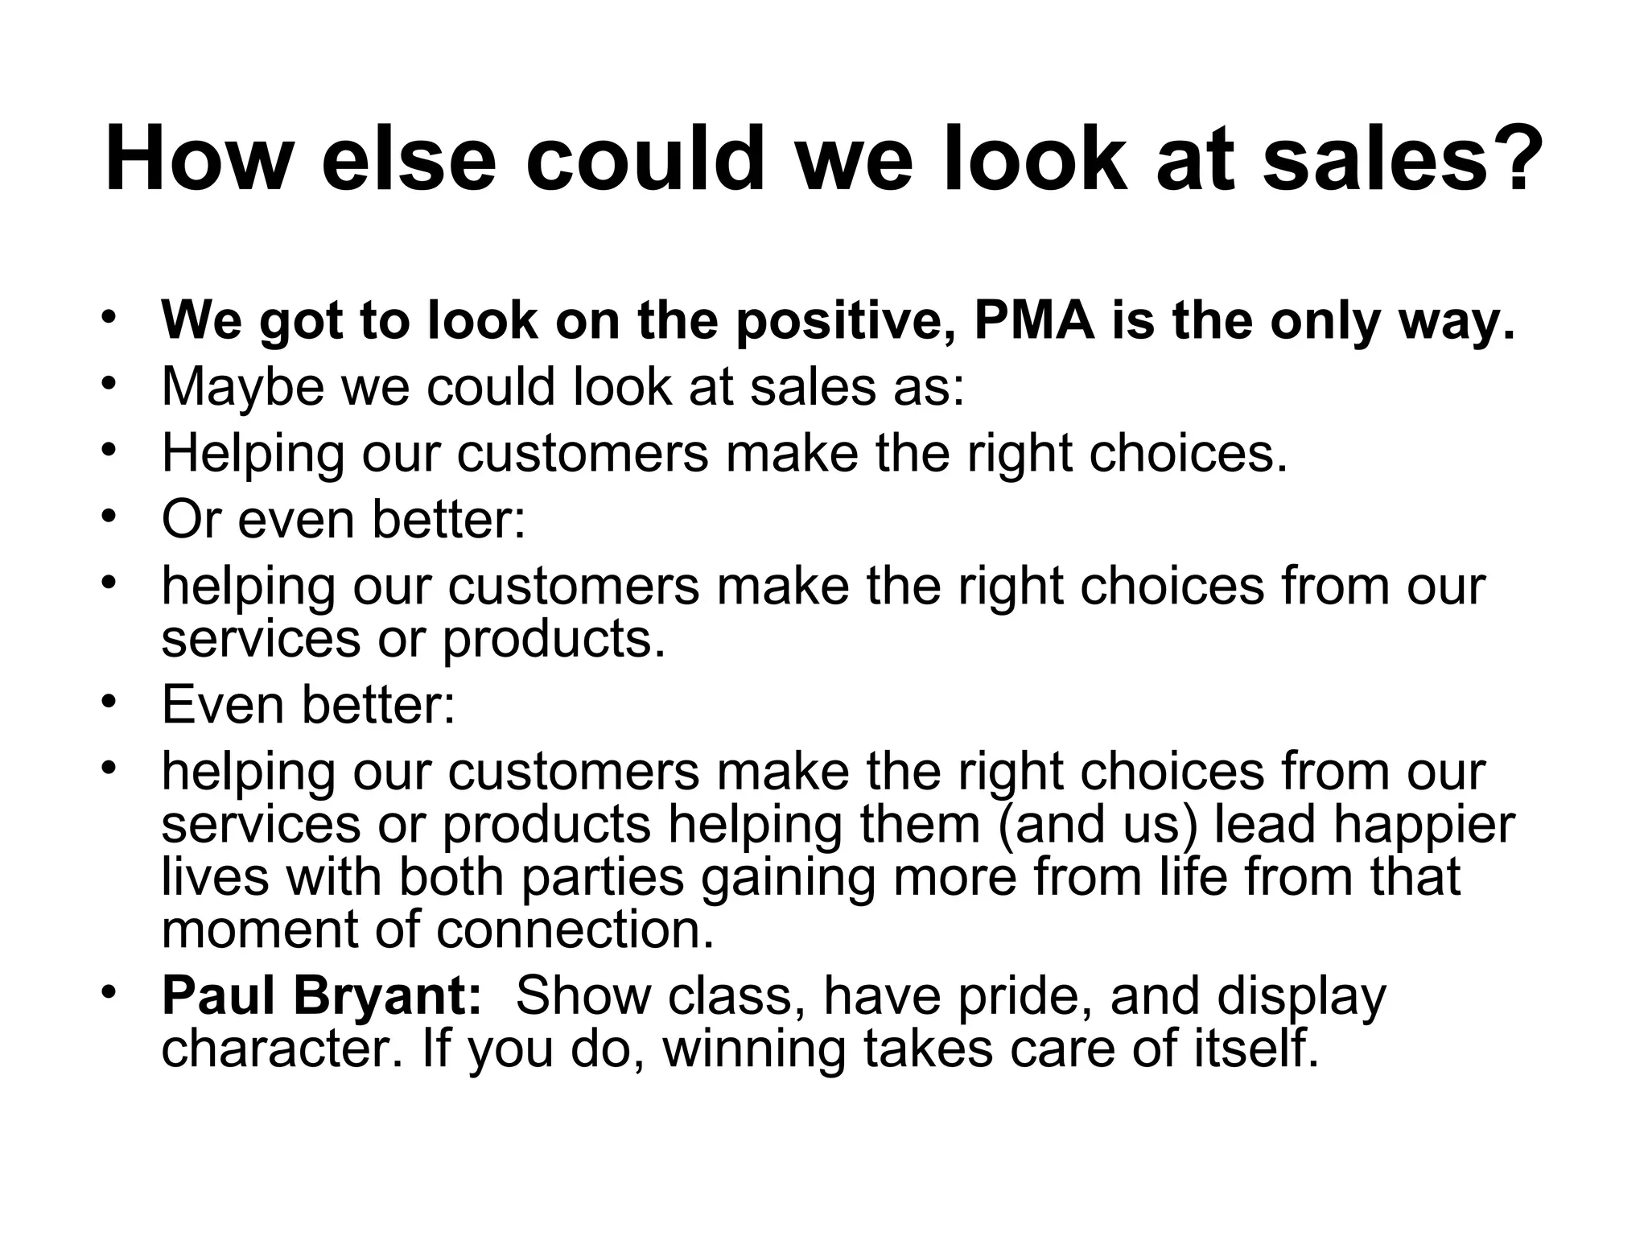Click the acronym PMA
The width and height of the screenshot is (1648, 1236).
coord(1035,320)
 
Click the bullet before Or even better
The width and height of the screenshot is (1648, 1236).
coord(110,515)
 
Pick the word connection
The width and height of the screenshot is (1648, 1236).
coord(575,930)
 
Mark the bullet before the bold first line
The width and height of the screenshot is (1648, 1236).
coord(110,315)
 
